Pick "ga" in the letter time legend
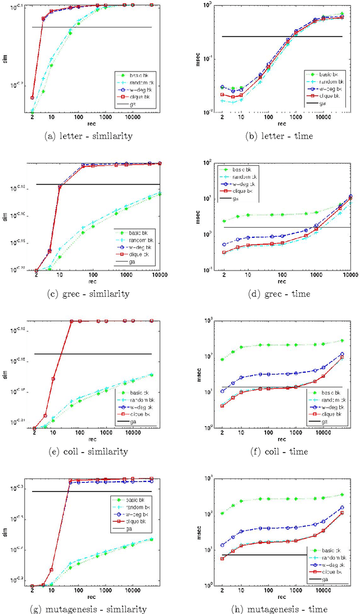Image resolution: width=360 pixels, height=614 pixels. click(322, 103)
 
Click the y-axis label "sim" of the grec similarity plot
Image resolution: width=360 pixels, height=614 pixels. click(7, 216)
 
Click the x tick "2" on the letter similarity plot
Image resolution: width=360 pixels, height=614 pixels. click(32, 118)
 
